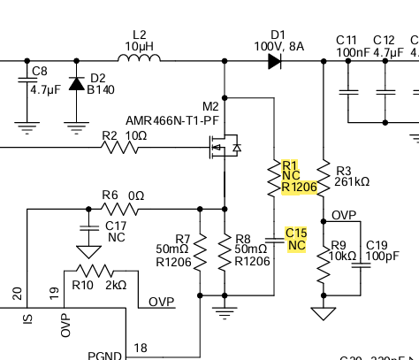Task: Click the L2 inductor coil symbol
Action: point(139,57)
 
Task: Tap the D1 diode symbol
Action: point(275,61)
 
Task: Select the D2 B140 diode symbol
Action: point(77,84)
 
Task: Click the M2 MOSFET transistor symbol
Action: point(225,147)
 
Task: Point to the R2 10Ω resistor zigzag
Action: point(119,148)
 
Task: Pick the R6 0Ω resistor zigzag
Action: point(119,209)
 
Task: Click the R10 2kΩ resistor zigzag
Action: point(95,271)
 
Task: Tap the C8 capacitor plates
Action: point(27,80)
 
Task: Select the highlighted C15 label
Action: point(296,233)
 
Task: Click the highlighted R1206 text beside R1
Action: point(300,187)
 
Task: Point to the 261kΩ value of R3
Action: point(352,181)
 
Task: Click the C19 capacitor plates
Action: point(361,265)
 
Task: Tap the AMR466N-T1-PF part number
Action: point(172,120)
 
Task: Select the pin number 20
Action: point(18,294)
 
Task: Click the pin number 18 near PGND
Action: point(141,348)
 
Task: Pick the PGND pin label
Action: point(104,356)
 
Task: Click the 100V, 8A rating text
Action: point(279,47)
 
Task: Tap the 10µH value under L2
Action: point(140,46)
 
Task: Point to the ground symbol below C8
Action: point(27,128)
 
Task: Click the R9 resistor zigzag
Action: point(324,265)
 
